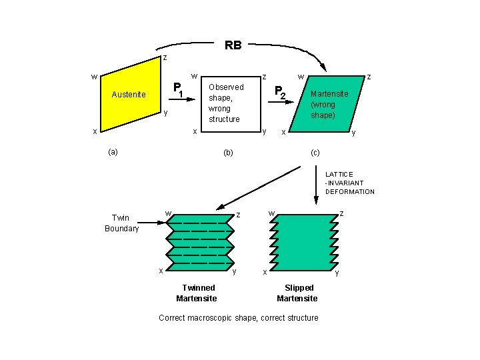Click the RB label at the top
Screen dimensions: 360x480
coord(233,46)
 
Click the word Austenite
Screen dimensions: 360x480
coord(129,95)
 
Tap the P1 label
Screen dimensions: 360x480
coord(178,87)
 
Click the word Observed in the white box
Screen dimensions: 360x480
coord(226,87)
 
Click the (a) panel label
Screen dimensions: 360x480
coord(113,152)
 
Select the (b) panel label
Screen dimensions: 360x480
coord(228,153)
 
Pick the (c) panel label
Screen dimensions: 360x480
coord(316,153)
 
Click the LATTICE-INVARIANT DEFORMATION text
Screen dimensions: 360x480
coord(349,183)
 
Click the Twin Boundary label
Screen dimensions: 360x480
coord(121,223)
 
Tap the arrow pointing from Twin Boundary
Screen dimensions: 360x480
coord(150,218)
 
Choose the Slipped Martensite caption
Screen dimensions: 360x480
coord(297,293)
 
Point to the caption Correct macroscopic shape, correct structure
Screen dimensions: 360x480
coord(238,318)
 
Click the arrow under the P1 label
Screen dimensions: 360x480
coord(187,99)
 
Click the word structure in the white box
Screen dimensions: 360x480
coord(223,119)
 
